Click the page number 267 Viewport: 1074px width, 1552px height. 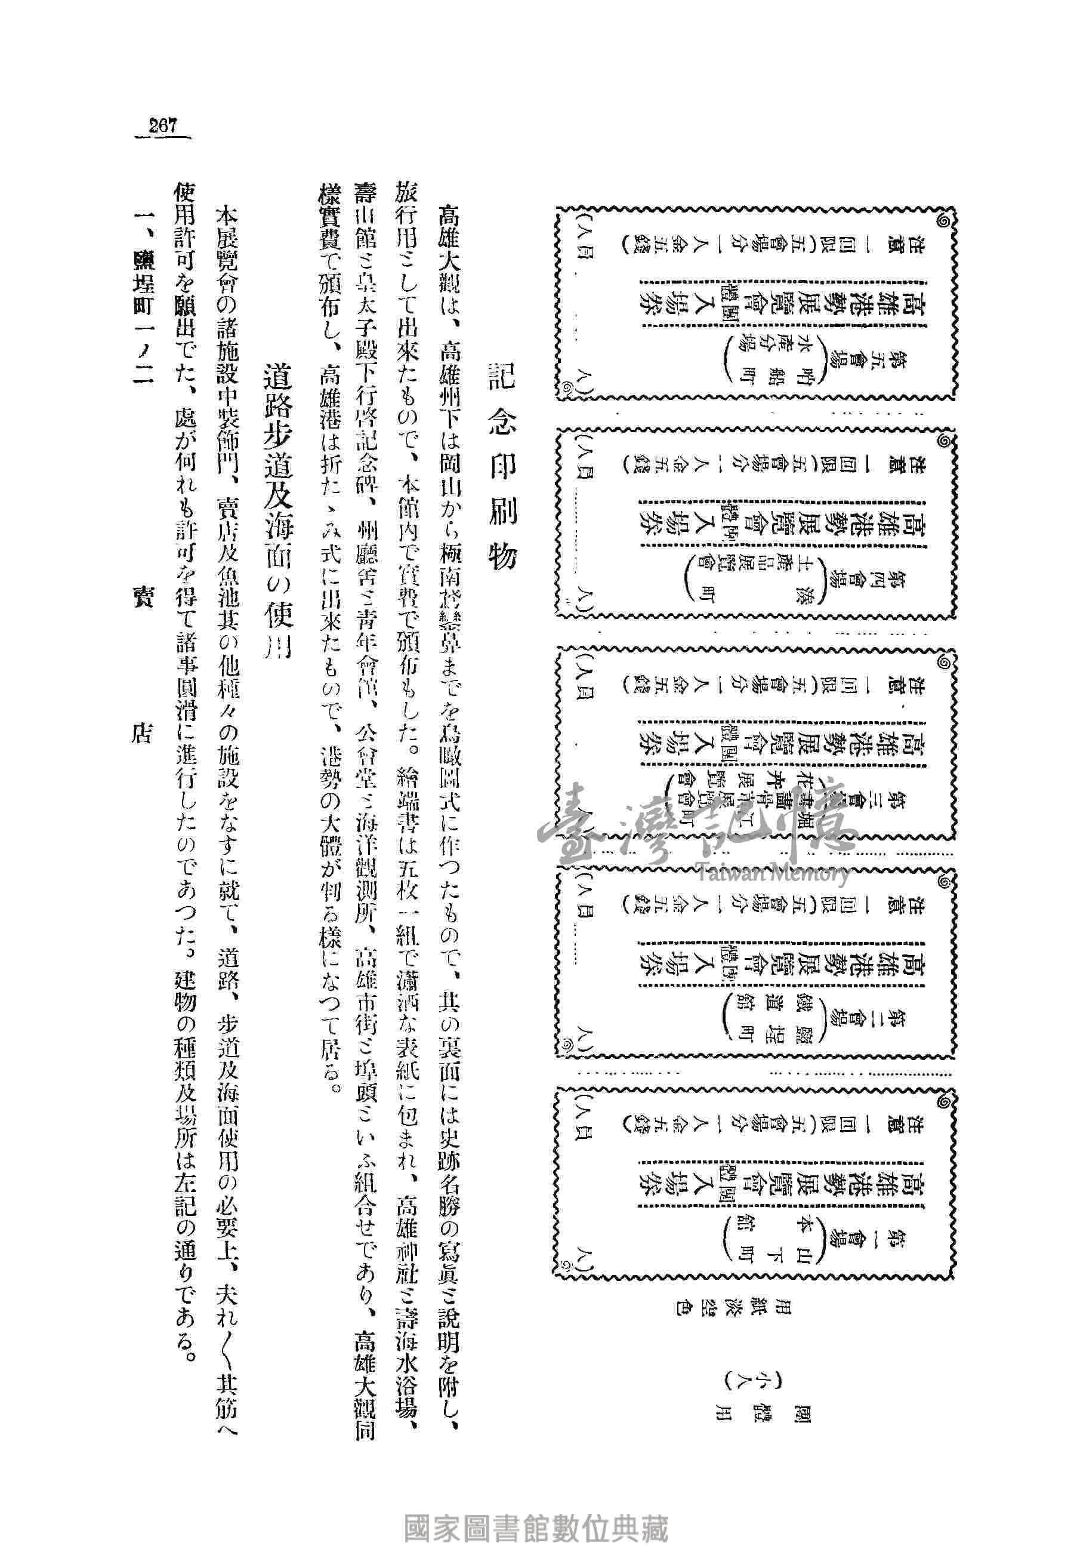coord(163,126)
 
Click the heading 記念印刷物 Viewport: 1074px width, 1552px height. coord(501,464)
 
